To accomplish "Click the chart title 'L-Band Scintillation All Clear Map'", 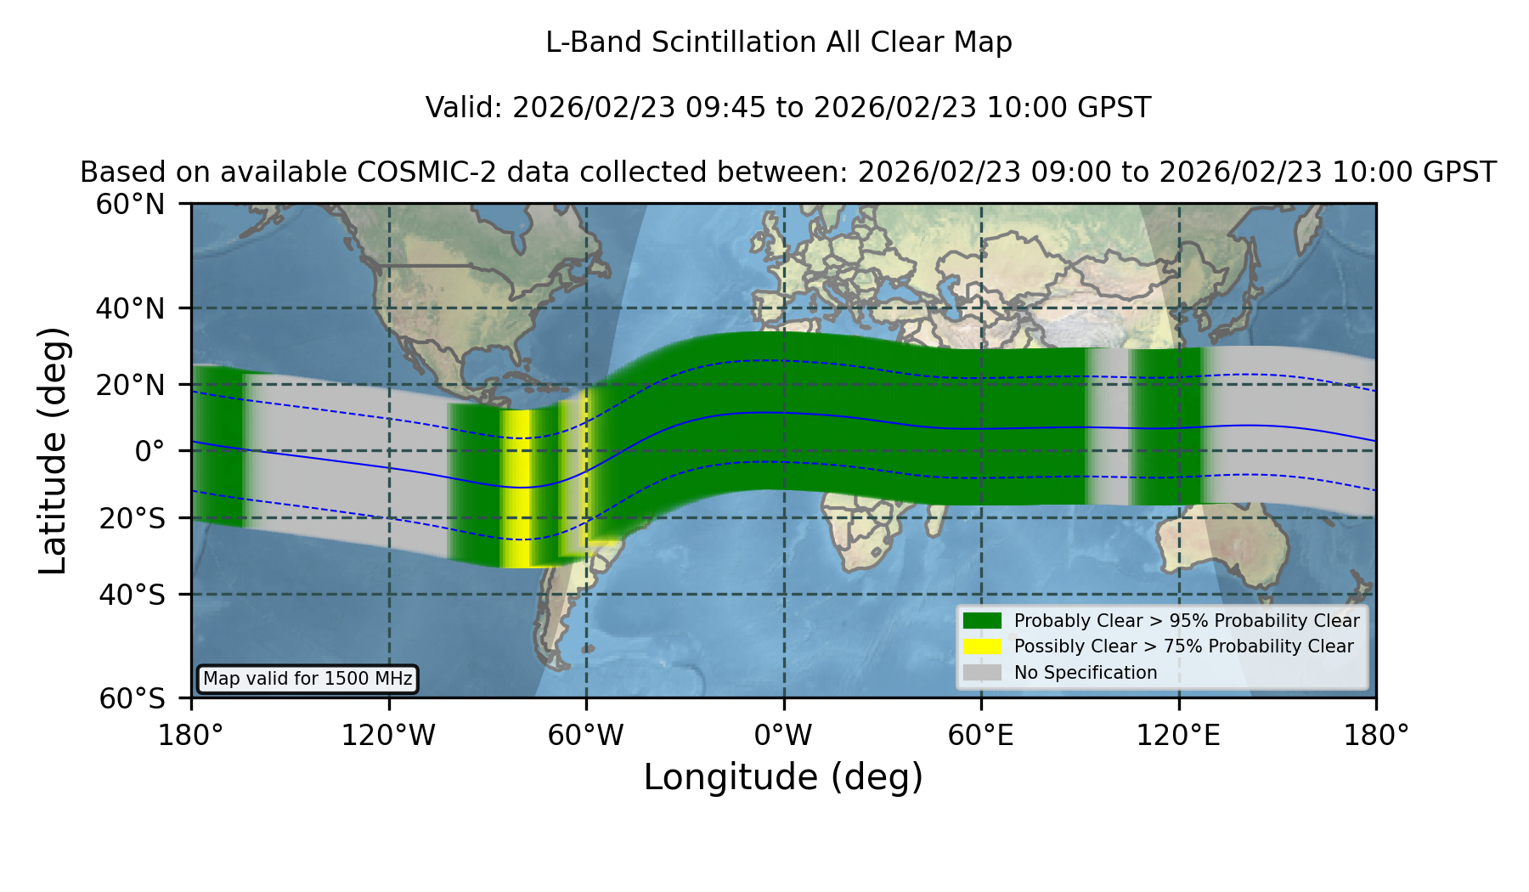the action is [779, 42].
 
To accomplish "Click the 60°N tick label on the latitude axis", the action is [130, 205].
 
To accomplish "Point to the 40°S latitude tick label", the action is [132, 595].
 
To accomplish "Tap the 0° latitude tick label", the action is [150, 451].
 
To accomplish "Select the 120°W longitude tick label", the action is [389, 735].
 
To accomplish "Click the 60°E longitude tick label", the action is [981, 735].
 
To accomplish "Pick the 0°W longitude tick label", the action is [784, 735].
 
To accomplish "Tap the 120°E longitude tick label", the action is [1179, 735].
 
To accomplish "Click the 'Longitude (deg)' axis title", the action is [783, 778].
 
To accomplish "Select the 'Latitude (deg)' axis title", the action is [54, 450].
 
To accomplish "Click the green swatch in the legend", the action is [982, 621].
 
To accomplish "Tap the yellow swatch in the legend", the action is [982, 646].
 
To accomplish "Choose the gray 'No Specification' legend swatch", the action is [982, 673].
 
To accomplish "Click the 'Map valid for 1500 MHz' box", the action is [307, 679].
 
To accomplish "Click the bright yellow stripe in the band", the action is [516, 488].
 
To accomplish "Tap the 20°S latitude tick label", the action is [132, 518].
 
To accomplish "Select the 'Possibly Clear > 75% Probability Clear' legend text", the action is [1184, 646].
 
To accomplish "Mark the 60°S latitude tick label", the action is [132, 698].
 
